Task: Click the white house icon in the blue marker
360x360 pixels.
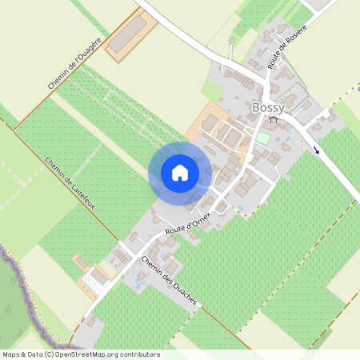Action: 179,173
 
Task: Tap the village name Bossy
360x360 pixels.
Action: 268,108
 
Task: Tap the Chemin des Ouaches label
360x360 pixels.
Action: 168,281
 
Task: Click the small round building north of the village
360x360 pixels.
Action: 233,39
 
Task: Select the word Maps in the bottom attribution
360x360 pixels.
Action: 12,354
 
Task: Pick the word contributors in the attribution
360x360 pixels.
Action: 139,354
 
